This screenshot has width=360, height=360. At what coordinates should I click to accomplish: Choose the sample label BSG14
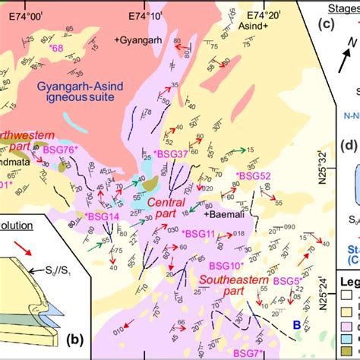pos(103,216)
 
